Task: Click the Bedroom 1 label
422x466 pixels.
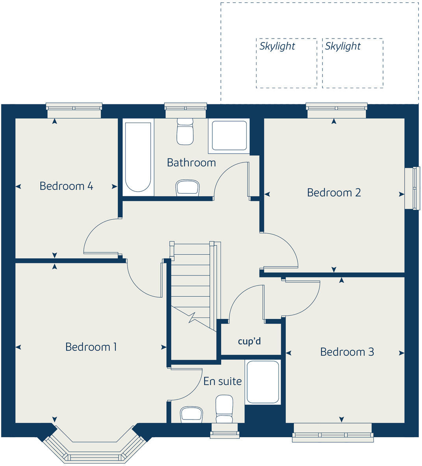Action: [x=91, y=347]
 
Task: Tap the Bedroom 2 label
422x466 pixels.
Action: [x=334, y=192]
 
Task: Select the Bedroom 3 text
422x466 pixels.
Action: [x=347, y=351]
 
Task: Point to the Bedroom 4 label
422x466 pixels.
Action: [x=66, y=186]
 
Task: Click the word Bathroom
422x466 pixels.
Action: [x=191, y=163]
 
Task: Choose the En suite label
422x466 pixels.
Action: [x=222, y=381]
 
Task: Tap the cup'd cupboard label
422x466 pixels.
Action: [x=249, y=341]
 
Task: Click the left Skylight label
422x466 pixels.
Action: [x=277, y=46]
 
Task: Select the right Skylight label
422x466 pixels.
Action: [x=343, y=46]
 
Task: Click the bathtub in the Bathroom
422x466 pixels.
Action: [x=138, y=157]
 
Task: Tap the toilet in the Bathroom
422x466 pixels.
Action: [x=185, y=132]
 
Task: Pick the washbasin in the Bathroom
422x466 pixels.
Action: [x=187, y=188]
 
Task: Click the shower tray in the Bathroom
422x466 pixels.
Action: [x=230, y=136]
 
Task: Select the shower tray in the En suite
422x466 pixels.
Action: [x=263, y=382]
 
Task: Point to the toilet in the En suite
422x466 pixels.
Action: [x=224, y=409]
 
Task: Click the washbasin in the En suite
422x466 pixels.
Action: [x=192, y=414]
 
